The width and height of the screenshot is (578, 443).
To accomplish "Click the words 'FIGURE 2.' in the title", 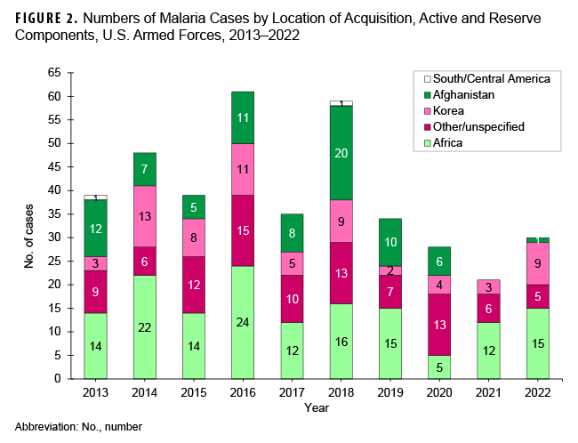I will coord(44,17).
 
